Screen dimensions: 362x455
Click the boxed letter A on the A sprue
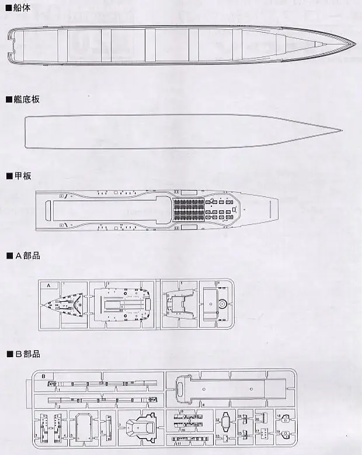[x=49, y=285]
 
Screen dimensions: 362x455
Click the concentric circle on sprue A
[x=222, y=304]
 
